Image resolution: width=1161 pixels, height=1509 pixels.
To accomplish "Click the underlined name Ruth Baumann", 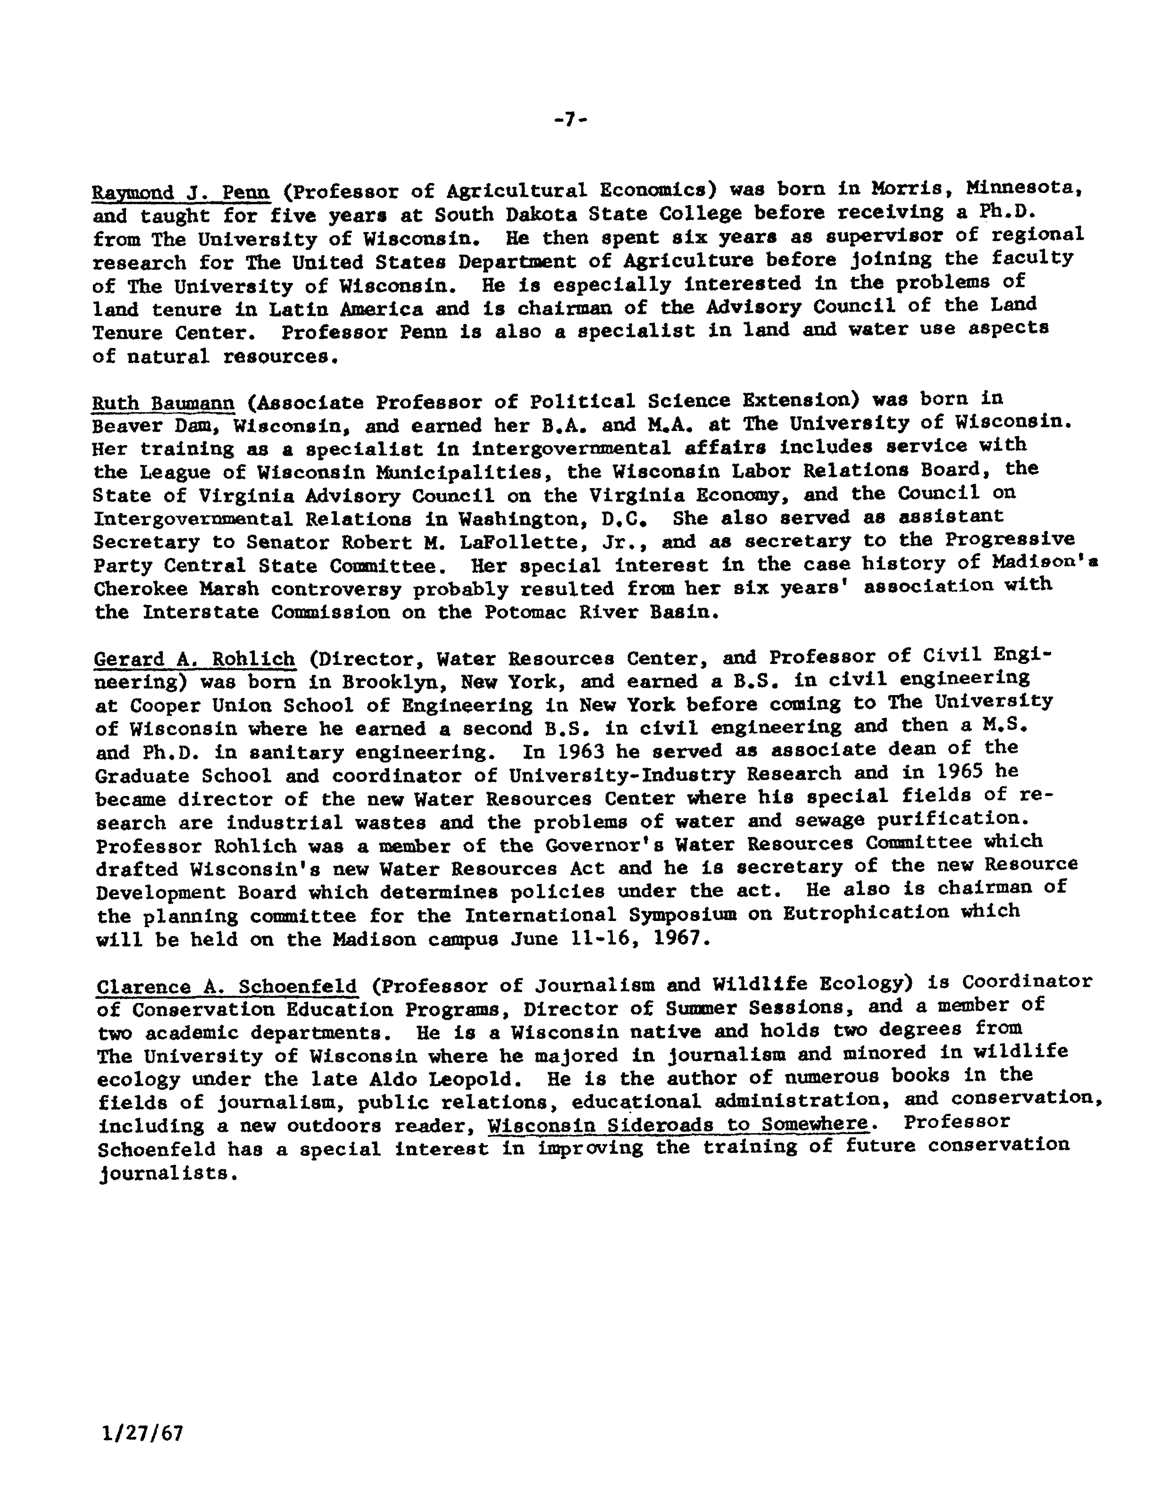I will (x=164, y=402).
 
